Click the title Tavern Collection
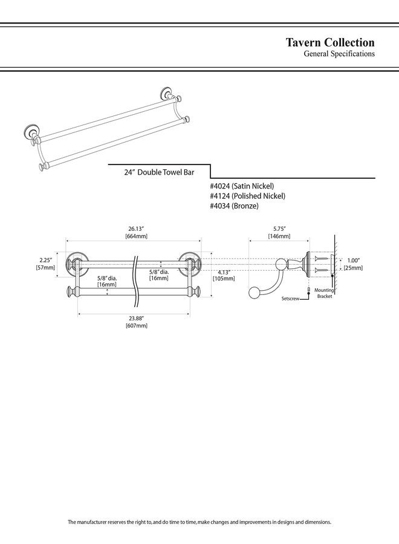point(330,42)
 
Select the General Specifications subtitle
point(339,54)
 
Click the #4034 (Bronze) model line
point(234,206)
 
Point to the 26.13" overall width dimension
point(135,228)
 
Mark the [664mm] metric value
point(136,236)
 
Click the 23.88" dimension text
point(136,318)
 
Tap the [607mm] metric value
point(136,326)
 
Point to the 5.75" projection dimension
point(279,228)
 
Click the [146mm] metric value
point(279,236)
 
